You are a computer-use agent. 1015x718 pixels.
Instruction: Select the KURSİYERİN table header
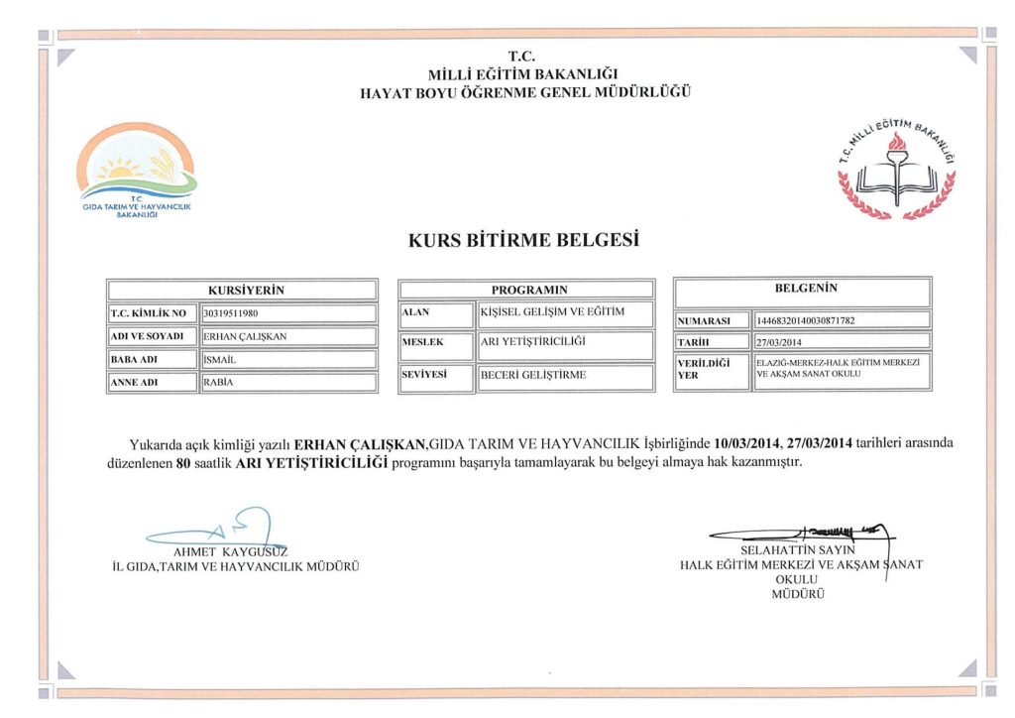[x=243, y=290]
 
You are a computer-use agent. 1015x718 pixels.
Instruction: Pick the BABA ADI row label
[x=152, y=359]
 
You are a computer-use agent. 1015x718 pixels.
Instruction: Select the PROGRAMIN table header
[x=526, y=290]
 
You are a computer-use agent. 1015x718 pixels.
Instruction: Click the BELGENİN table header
[x=805, y=290]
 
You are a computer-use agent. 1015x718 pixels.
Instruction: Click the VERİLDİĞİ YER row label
[x=710, y=369]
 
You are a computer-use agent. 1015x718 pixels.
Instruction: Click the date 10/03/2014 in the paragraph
[x=746, y=442]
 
